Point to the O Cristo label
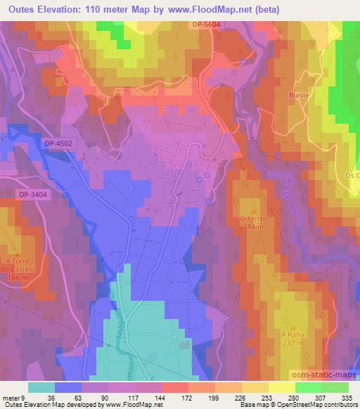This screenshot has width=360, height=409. (x=250, y=218)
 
